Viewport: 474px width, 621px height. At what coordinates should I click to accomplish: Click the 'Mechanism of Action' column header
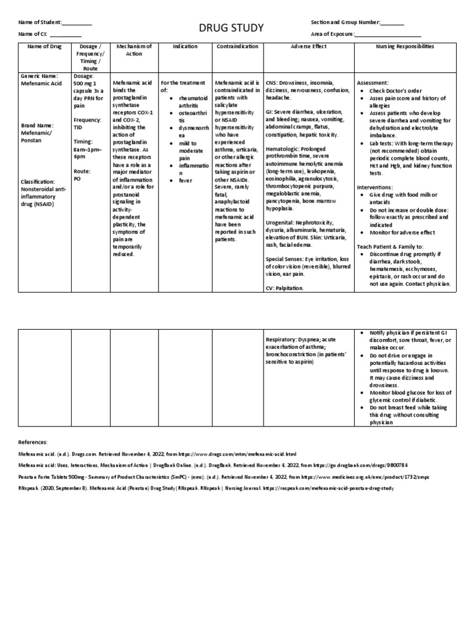pos(133,50)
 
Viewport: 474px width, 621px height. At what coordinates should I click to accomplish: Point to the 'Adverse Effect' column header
pos(307,46)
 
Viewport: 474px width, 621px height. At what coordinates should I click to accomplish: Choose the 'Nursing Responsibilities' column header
pos(404,46)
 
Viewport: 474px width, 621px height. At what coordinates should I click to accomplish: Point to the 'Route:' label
pos(83,170)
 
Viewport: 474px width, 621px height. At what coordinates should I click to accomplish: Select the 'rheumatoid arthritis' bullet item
pos(194,101)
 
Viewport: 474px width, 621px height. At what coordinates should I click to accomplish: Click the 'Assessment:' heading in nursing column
pos(373,82)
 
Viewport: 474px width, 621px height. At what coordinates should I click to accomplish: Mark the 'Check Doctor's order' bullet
pos(394,90)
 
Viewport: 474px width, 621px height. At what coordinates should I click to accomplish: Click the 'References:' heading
pos(38,442)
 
